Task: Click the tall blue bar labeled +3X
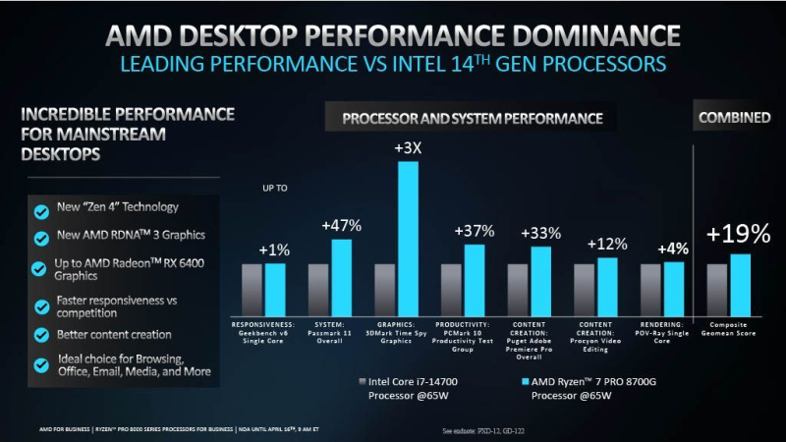coord(408,236)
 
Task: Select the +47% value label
coord(342,225)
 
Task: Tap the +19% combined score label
coord(739,233)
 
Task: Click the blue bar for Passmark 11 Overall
coord(341,274)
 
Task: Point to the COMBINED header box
coord(734,118)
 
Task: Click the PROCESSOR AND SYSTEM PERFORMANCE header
coord(472,119)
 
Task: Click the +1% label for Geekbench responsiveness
coord(274,249)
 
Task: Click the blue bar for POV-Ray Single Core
coord(674,286)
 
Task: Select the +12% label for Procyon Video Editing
coord(607,244)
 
